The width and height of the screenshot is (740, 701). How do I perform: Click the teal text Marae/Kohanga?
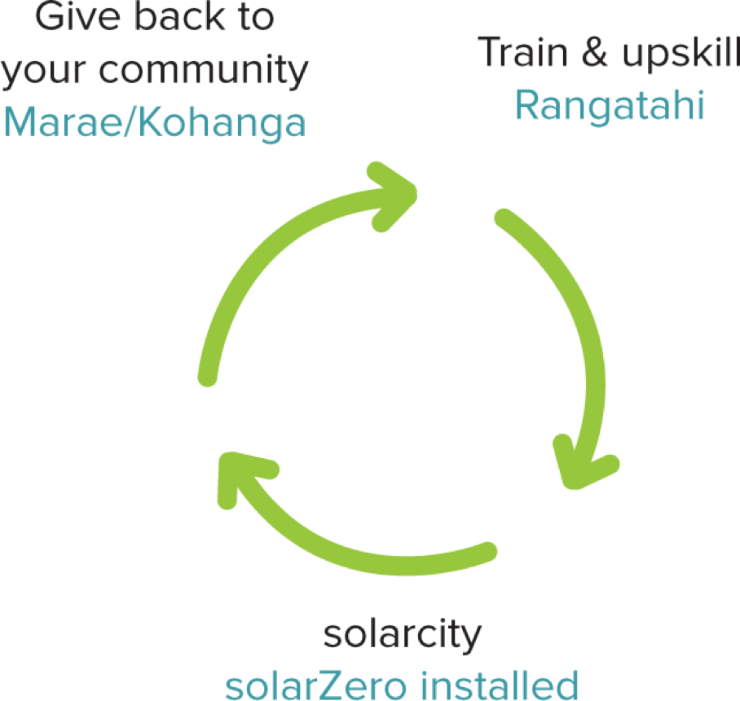[155, 122]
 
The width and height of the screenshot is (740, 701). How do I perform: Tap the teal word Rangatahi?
[610, 105]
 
